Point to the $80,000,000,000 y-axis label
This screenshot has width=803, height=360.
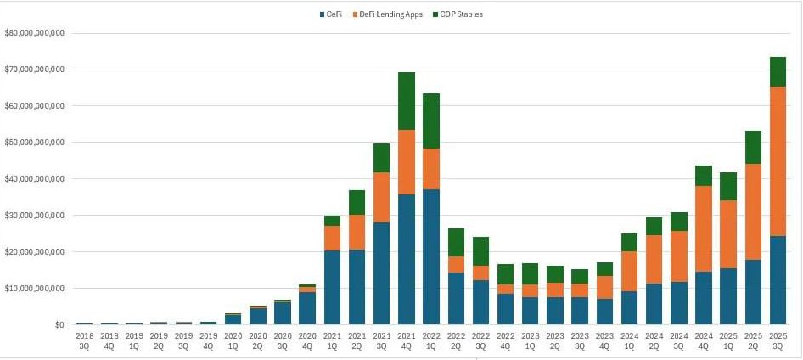pos(35,33)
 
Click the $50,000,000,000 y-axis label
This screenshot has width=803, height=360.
pos(35,143)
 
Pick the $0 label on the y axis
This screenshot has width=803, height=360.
pos(59,325)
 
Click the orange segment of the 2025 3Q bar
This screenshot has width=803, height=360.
pos(778,161)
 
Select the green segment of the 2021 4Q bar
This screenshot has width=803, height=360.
pos(407,101)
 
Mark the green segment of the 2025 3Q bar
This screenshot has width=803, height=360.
pos(778,72)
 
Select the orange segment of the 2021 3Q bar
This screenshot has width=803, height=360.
pos(382,197)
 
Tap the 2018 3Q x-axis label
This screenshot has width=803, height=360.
pos(85,341)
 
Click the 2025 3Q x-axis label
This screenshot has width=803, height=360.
pos(778,341)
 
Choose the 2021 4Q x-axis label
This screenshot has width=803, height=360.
pos(407,341)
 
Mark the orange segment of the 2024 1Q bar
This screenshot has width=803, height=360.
pos(629,272)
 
